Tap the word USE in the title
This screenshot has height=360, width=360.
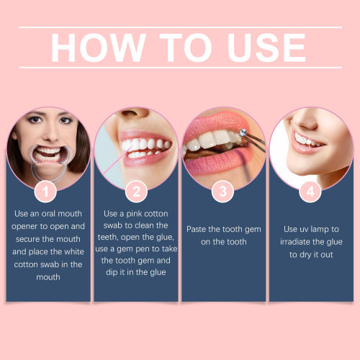[x=266, y=48]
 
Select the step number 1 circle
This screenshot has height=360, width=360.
[x=45, y=192]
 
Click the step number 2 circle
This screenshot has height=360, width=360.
[x=136, y=192]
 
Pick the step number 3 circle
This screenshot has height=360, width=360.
[x=223, y=192]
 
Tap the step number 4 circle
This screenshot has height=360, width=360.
[x=310, y=192]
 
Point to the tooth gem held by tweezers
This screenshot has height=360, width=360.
[x=243, y=132]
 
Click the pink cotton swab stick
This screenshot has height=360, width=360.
[x=117, y=161]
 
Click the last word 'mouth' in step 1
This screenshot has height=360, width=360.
[x=48, y=277]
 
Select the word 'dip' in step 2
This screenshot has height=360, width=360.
[x=111, y=273]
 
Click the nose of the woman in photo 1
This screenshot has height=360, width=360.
[x=51, y=135]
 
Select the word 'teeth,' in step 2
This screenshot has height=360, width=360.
[x=107, y=238]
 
